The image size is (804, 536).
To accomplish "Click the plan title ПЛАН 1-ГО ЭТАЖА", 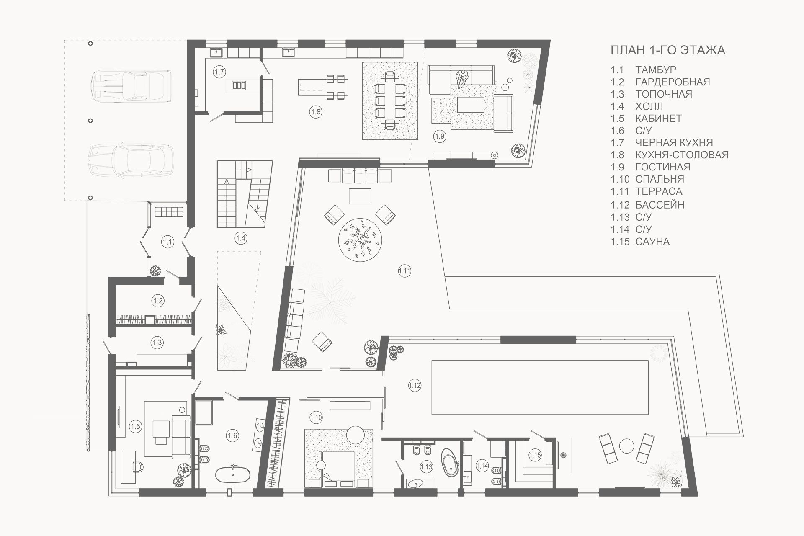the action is pos(668,50).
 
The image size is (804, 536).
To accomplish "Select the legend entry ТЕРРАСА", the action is pos(659,191).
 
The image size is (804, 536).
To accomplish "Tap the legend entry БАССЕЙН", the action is pos(660,205).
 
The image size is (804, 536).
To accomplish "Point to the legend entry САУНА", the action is pos(652,242).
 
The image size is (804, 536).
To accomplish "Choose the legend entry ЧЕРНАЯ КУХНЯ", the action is pos(674,143).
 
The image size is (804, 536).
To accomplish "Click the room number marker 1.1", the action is pos(167,242).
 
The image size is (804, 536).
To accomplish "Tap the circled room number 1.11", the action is pos(405,271).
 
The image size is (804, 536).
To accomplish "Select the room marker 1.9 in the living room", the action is pos(439,136).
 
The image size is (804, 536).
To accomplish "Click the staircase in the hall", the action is pos(245,194).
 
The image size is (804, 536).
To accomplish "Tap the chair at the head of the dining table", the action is pos(390,76).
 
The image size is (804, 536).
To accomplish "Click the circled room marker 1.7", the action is pos(219,72).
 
